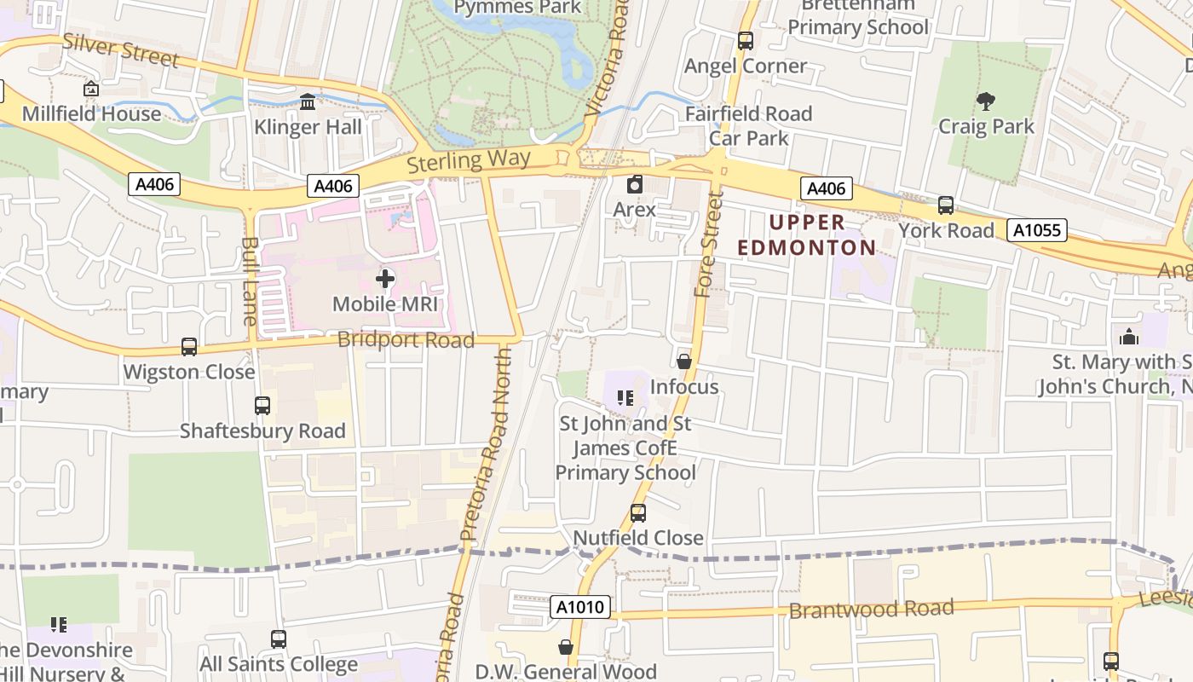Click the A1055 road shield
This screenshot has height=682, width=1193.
point(1036,229)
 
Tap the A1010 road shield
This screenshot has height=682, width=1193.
point(582,607)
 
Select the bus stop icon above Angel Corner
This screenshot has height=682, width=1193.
point(745,40)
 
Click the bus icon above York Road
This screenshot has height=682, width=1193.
point(945,205)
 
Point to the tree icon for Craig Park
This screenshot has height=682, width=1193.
point(986,101)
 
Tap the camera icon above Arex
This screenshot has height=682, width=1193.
point(635,184)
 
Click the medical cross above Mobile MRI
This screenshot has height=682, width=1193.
point(385,279)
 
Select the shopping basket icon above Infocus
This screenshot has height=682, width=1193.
point(683,362)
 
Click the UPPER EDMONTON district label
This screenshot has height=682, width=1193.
point(806,235)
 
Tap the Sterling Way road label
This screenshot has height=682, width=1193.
point(469,160)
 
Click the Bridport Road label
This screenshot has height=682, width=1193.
point(406,340)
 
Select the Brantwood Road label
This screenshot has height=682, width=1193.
point(871,610)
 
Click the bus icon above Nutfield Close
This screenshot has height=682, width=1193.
point(637,513)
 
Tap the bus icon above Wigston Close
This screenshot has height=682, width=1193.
point(189,347)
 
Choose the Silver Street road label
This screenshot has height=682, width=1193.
point(120,50)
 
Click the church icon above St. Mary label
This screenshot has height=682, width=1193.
point(1129,337)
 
